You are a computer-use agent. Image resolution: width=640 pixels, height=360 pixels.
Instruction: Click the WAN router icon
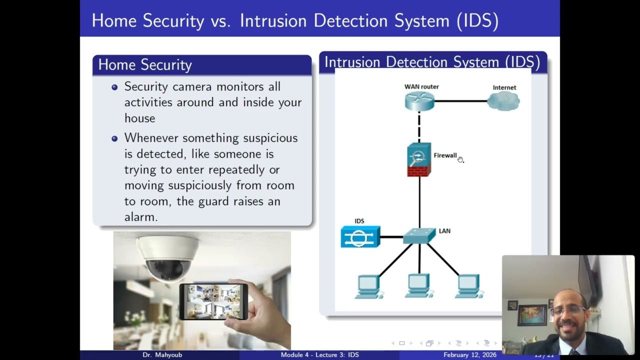point(419,101)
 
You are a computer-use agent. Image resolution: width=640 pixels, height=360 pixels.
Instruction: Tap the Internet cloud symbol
point(503,101)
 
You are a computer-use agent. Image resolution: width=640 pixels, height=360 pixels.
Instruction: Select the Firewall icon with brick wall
point(419,159)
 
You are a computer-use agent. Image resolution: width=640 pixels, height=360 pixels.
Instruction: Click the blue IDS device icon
point(360,237)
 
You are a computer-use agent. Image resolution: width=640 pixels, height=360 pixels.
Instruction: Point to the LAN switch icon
point(419,236)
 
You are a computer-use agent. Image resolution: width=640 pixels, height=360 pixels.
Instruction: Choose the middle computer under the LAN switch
point(418,286)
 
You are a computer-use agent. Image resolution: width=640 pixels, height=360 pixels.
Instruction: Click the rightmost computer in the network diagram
point(469,286)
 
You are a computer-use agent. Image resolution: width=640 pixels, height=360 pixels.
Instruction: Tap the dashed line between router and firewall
point(419,126)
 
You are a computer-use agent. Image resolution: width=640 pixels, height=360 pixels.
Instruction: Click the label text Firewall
point(445,155)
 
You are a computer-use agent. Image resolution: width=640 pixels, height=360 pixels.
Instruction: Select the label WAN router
point(421,86)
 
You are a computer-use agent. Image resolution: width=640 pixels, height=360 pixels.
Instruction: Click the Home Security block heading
point(145,65)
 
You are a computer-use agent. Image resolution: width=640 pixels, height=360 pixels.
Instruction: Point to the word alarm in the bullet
point(141,217)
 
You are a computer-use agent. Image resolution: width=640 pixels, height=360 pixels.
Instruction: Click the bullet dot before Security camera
point(114,87)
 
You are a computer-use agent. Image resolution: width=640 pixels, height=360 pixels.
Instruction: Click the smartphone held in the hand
point(213,301)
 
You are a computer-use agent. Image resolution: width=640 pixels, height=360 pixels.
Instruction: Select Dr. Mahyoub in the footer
point(162,355)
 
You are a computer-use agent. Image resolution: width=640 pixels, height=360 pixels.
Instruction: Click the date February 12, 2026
point(470,355)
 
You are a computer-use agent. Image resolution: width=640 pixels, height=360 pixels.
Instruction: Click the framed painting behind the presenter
point(531,314)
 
